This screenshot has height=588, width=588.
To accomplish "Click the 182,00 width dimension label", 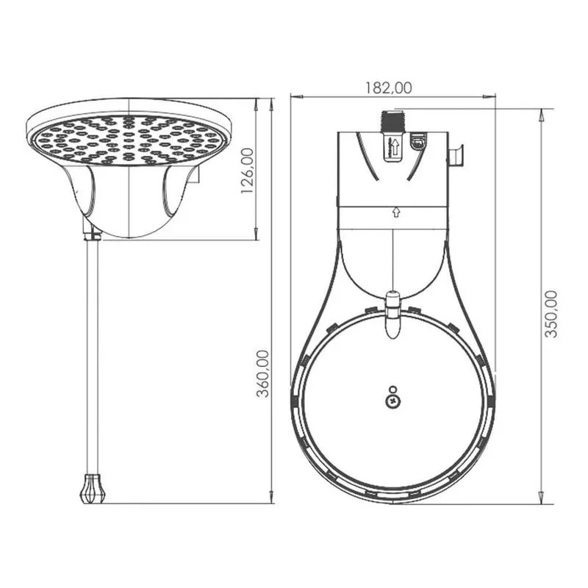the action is point(389,87).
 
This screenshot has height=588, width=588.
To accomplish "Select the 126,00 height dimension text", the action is point(248,171).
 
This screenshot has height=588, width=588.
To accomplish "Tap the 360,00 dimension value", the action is point(262,373).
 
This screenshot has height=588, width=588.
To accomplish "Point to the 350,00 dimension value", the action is point(551,314).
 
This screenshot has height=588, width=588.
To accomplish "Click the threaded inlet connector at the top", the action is point(392,121).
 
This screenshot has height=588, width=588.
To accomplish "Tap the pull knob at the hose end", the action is point(93,488).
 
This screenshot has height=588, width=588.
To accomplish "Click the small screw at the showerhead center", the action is point(392,401).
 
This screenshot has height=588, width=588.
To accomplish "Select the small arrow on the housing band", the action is point(395,212).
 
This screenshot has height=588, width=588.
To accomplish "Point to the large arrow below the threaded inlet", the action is point(395,146).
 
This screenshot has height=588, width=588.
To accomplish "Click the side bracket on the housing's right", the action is point(456,156).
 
